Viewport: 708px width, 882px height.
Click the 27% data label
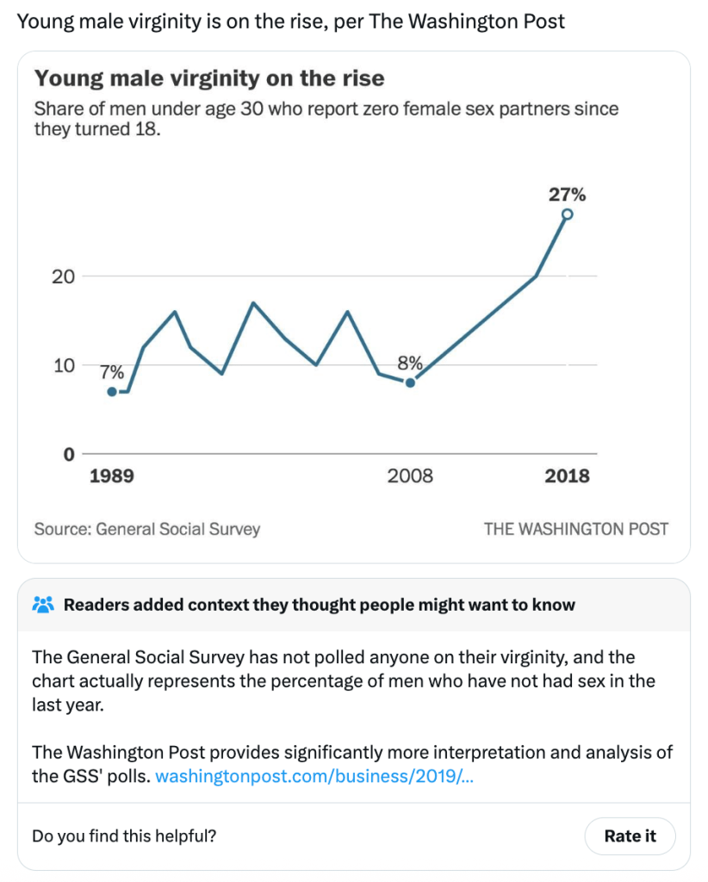click(x=567, y=195)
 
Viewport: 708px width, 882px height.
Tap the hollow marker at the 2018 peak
click(x=567, y=214)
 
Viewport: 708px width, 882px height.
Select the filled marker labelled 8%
click(x=410, y=382)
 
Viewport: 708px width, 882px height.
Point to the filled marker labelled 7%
click(x=112, y=392)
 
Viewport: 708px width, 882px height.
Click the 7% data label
click(x=112, y=373)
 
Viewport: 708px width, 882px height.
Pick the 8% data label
click(x=409, y=363)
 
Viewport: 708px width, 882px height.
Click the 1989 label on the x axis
click(x=112, y=476)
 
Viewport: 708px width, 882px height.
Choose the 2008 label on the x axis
click(x=410, y=476)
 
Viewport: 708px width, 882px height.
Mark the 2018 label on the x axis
click(x=567, y=476)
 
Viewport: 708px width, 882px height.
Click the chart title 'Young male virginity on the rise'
click(x=209, y=79)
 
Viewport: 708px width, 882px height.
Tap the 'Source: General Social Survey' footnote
click(x=147, y=529)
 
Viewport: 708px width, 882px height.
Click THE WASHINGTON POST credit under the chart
click(x=575, y=529)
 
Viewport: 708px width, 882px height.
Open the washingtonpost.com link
click(x=314, y=776)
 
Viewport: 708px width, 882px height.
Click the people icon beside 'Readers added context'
click(x=43, y=605)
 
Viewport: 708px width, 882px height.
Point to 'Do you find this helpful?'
click(x=124, y=835)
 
